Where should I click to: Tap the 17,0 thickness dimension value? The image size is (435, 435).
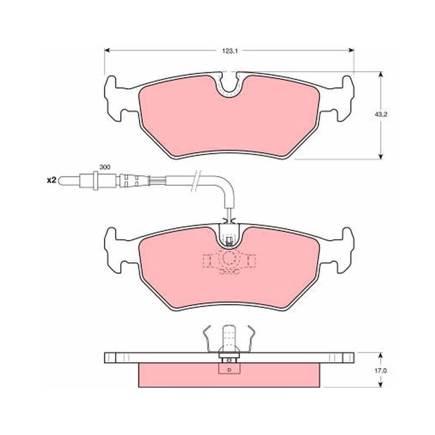click(382, 371)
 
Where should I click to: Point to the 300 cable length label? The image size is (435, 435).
click(105, 167)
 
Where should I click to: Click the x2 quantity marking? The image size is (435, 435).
click(51, 181)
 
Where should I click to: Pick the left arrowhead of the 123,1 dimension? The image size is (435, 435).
click(107, 50)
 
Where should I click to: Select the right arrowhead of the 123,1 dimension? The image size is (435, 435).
click(351, 50)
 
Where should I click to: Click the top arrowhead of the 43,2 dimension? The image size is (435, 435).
click(381, 75)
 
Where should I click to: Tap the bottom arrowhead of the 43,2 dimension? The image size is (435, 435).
click(381, 156)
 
